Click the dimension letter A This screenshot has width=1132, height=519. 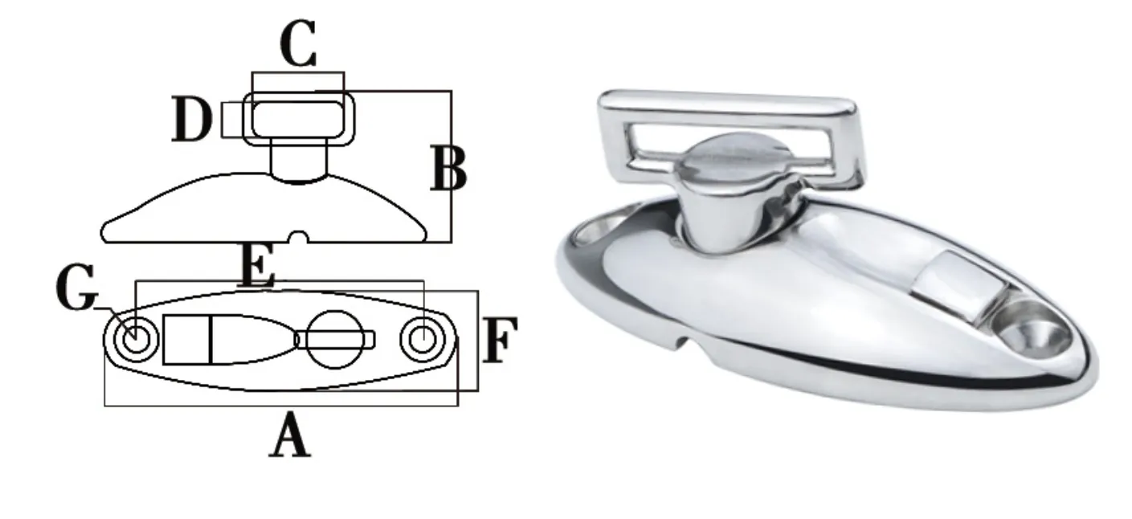[x=289, y=439]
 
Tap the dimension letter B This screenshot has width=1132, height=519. [x=447, y=168]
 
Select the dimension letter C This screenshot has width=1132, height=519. [x=298, y=45]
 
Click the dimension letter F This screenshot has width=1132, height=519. [x=501, y=340]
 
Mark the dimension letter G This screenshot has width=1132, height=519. [x=77, y=291]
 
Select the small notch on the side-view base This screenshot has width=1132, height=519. [x=300, y=237]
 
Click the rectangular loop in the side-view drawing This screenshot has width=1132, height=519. [x=299, y=118]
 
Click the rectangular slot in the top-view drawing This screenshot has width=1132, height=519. [x=187, y=339]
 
